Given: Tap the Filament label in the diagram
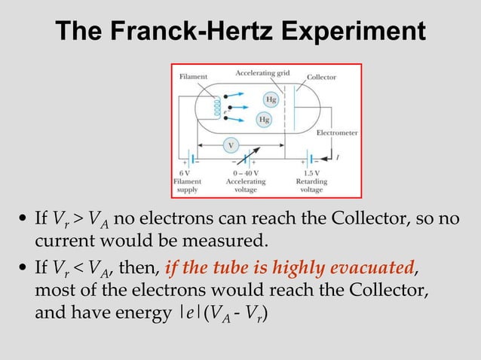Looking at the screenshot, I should tap(194, 76).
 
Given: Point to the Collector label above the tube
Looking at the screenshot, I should tap(321, 77).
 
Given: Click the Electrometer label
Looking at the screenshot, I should tap(337, 133).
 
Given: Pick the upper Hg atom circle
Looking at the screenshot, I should tap(270, 99).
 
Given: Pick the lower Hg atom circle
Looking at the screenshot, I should tap(264, 119).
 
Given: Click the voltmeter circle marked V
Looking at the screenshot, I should tap(231, 144).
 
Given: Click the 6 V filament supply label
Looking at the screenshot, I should tap(186, 174).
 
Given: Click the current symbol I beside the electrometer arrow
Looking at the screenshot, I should tap(336, 157).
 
